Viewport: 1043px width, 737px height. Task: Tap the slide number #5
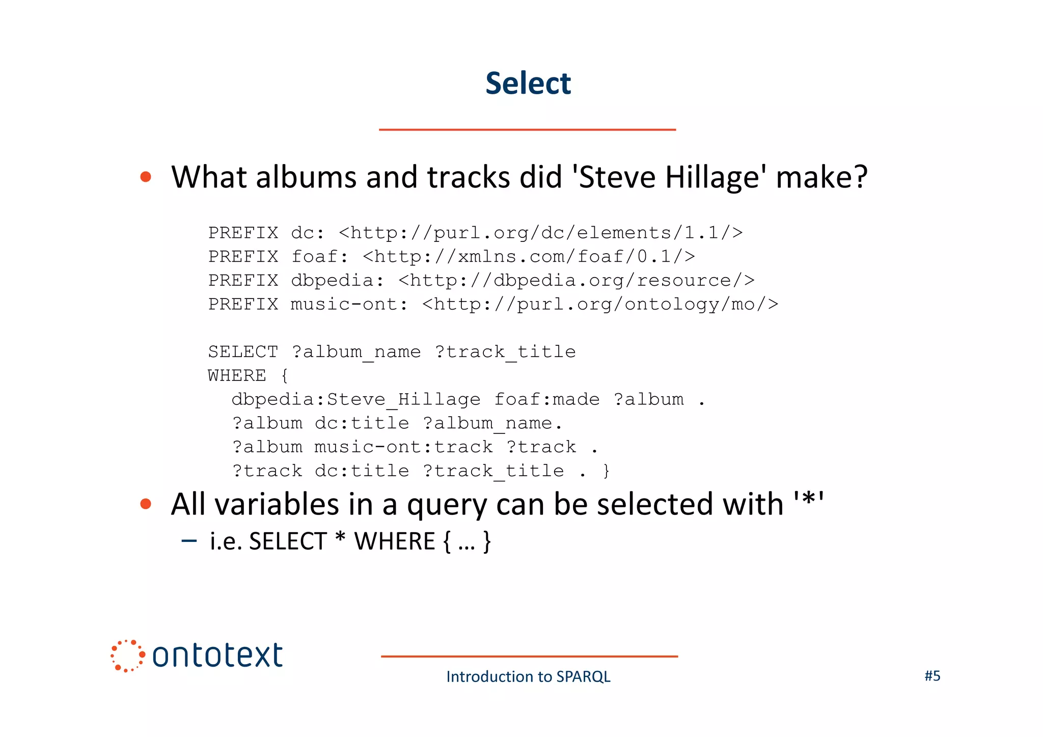coord(932,675)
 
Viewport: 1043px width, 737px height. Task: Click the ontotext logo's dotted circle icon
coord(127,656)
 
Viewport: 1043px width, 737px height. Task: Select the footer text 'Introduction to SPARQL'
coord(528,676)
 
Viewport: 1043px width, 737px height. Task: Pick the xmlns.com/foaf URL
coord(528,256)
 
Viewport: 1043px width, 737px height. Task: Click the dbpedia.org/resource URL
coord(576,280)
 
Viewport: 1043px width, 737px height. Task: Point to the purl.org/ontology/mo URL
coord(600,304)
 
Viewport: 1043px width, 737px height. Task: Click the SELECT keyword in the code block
coord(243,351)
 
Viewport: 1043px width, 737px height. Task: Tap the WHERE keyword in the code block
coord(237,375)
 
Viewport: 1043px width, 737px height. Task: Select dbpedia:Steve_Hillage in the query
coord(355,399)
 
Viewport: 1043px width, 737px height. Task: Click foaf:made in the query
coord(546,399)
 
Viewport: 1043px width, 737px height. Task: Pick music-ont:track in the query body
coord(403,447)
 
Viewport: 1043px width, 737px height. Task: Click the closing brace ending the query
coord(606,471)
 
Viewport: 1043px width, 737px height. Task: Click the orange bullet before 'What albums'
coord(146,177)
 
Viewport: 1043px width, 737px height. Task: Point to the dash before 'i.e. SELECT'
coord(189,540)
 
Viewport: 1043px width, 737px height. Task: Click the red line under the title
coord(527,130)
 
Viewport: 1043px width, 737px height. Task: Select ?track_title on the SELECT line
coord(505,351)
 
